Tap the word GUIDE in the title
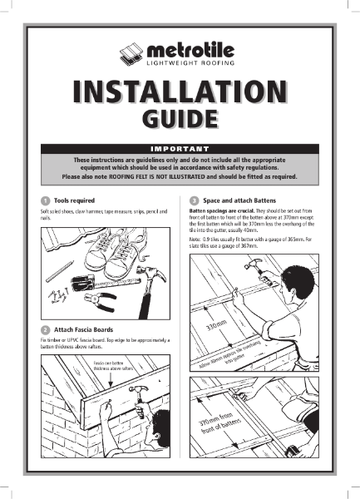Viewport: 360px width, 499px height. [x=180, y=121]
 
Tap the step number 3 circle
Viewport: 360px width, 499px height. [x=194, y=201]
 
